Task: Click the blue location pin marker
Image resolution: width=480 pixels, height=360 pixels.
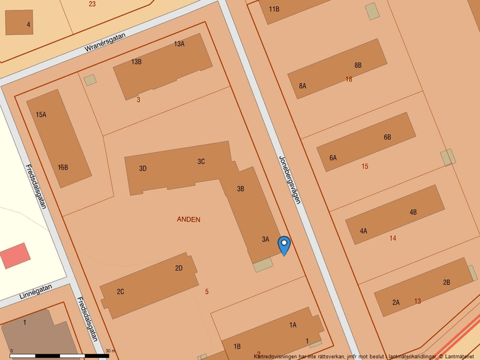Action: [x=284, y=245]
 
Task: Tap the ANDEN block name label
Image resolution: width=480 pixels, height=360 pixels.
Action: [x=189, y=219]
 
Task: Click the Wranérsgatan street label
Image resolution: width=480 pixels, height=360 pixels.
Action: [x=105, y=42]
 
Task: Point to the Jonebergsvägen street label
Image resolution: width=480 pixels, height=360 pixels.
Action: [x=289, y=179]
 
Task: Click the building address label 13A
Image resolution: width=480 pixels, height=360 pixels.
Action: [x=179, y=44]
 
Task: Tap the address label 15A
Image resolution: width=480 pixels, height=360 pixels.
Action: [x=41, y=115]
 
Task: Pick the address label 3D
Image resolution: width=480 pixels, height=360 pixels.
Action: [x=143, y=169]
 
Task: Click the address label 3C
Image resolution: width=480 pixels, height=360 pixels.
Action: [x=201, y=162]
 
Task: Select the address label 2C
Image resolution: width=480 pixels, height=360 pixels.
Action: [x=120, y=291]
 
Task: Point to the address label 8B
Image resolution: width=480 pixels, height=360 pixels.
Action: [x=358, y=65]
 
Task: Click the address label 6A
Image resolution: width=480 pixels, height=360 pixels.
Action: [x=333, y=158]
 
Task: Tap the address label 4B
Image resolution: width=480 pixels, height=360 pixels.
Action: [x=413, y=212]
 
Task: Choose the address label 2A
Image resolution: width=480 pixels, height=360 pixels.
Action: [x=396, y=302]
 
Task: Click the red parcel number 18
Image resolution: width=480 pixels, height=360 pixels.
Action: [x=349, y=79]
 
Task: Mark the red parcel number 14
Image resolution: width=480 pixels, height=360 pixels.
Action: [x=393, y=238]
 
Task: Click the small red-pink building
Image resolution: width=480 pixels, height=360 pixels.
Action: [x=15, y=256]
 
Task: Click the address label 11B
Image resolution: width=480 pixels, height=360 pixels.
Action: [x=274, y=9]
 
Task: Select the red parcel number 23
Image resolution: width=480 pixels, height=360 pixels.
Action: [x=92, y=4]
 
